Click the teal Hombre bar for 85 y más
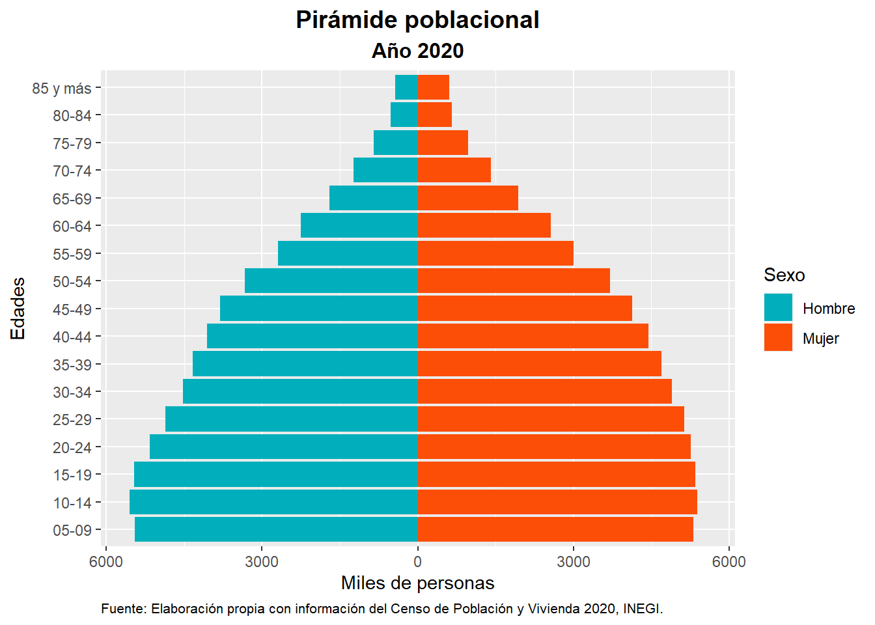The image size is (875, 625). click(x=406, y=87)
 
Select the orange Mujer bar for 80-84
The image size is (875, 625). click(x=434, y=115)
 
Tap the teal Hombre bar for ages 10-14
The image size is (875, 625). click(x=273, y=502)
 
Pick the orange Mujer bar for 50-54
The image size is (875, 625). click(x=514, y=281)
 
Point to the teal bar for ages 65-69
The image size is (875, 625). click(x=373, y=198)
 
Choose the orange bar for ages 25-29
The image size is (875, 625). click(x=551, y=419)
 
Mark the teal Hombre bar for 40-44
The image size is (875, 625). click(x=312, y=336)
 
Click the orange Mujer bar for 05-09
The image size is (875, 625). click(x=555, y=529)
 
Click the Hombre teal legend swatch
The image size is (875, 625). click(x=778, y=307)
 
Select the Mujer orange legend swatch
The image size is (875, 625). click(x=778, y=337)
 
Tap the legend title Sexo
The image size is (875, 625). click(x=784, y=275)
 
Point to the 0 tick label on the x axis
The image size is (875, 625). click(x=417, y=562)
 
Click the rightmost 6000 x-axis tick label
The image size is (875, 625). click(x=729, y=562)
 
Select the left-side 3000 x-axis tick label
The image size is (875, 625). click(x=262, y=562)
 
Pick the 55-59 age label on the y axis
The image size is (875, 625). click(x=72, y=254)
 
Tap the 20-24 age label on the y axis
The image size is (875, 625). click(x=72, y=447)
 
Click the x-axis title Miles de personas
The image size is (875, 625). click(x=417, y=583)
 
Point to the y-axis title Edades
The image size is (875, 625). click(x=18, y=308)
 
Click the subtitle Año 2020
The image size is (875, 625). click(x=417, y=51)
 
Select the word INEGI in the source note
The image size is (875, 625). click(x=642, y=609)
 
